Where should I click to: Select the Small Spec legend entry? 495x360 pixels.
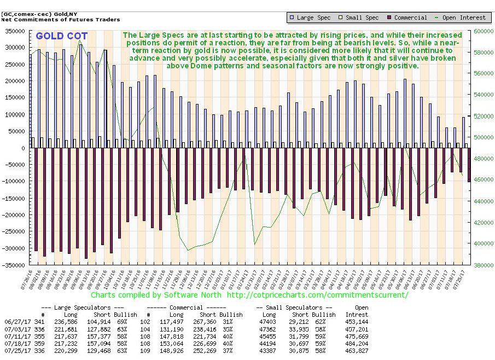coord(359,18)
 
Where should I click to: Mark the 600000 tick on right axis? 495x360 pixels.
coord(485,32)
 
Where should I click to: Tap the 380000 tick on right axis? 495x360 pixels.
coord(485,265)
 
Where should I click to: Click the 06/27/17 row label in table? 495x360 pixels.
coord(16,321)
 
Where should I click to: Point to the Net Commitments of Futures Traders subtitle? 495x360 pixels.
coord(61,20)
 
